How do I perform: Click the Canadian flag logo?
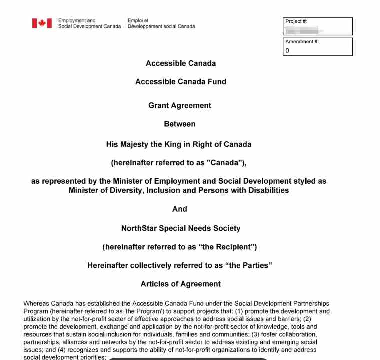(x=42, y=23)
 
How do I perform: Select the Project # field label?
(x=296, y=21)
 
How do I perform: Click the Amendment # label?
(x=302, y=42)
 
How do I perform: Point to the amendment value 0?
(x=287, y=51)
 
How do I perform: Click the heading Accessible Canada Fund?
(x=181, y=82)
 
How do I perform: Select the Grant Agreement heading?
(x=180, y=106)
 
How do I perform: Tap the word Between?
(x=180, y=124)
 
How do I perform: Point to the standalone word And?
(x=180, y=209)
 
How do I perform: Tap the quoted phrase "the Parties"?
(x=249, y=265)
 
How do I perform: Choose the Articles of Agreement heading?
(x=181, y=284)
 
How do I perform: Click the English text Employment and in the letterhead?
(x=77, y=21)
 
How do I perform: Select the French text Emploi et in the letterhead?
(x=138, y=21)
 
